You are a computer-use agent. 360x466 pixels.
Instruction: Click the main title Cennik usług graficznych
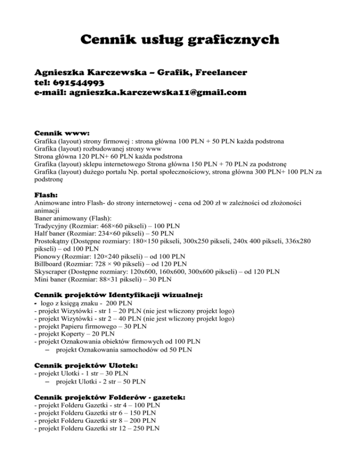click(x=180, y=39)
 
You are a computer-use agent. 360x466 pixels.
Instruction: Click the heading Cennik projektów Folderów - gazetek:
click(x=110, y=396)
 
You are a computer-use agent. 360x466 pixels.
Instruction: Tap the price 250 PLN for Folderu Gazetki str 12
click(x=145, y=428)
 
